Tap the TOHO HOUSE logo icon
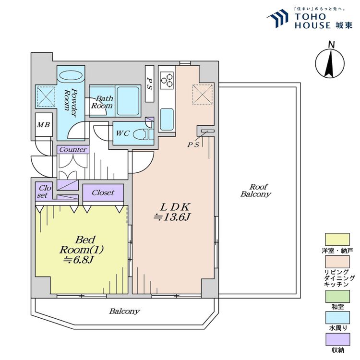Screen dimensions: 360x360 [x=277, y=18]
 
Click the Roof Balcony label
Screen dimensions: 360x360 [x=256, y=191]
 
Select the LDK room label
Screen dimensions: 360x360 [x=175, y=207]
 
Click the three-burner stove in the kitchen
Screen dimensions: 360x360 [x=167, y=80]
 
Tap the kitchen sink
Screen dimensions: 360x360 [x=167, y=120]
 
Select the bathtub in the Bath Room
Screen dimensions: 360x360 [x=128, y=101]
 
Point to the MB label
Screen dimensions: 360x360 [x=44, y=125]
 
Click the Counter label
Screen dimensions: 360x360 [x=73, y=150]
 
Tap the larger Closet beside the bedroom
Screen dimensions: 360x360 [x=103, y=192]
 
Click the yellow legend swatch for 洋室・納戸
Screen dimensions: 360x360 [x=337, y=240]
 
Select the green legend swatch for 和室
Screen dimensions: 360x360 [x=337, y=297]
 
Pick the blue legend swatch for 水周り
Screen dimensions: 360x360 [x=337, y=318]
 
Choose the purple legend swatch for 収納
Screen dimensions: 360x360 [x=337, y=339]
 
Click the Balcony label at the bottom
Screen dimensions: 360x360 [x=124, y=312]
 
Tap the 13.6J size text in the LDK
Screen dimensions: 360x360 [x=172, y=217]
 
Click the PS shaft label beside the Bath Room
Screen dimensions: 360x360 [x=149, y=84]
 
